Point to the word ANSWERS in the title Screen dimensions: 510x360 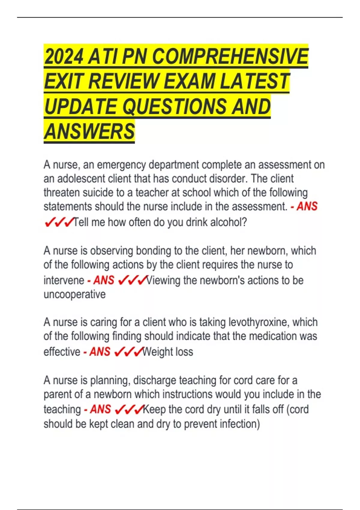(x=89, y=131)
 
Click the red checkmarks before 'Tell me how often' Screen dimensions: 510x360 (x=59, y=223)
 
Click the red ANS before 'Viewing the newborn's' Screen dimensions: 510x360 (x=104, y=280)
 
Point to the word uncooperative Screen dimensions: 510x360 (x=74, y=294)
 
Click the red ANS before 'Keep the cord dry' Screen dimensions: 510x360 (x=100, y=409)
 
